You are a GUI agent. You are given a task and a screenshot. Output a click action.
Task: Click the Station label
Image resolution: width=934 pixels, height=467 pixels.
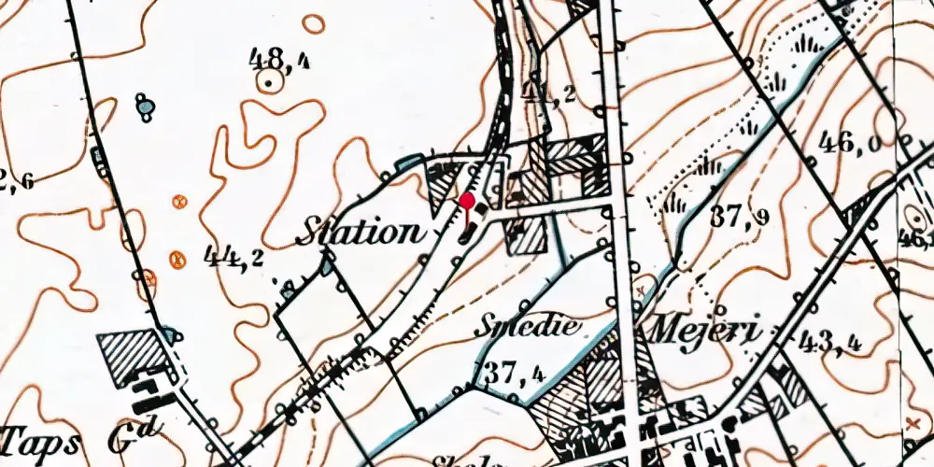[x=359, y=232]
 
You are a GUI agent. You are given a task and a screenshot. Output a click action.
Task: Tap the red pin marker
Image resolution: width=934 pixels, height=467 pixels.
[x=466, y=201]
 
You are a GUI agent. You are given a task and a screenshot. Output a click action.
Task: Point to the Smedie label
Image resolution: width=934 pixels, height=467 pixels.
[x=528, y=326]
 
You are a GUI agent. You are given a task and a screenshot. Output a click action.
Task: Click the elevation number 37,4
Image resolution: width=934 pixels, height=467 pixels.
[x=512, y=374]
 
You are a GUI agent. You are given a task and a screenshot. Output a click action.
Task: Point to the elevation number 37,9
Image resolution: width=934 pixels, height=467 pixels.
[x=739, y=217]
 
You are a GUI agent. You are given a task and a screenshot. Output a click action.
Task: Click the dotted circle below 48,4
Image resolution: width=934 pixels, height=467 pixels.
[x=270, y=84]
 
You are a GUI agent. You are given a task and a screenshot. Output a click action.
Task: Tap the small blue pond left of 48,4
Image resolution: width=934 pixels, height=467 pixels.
[x=145, y=108]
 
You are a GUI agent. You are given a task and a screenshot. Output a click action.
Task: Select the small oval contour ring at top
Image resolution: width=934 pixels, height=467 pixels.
[x=314, y=23]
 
